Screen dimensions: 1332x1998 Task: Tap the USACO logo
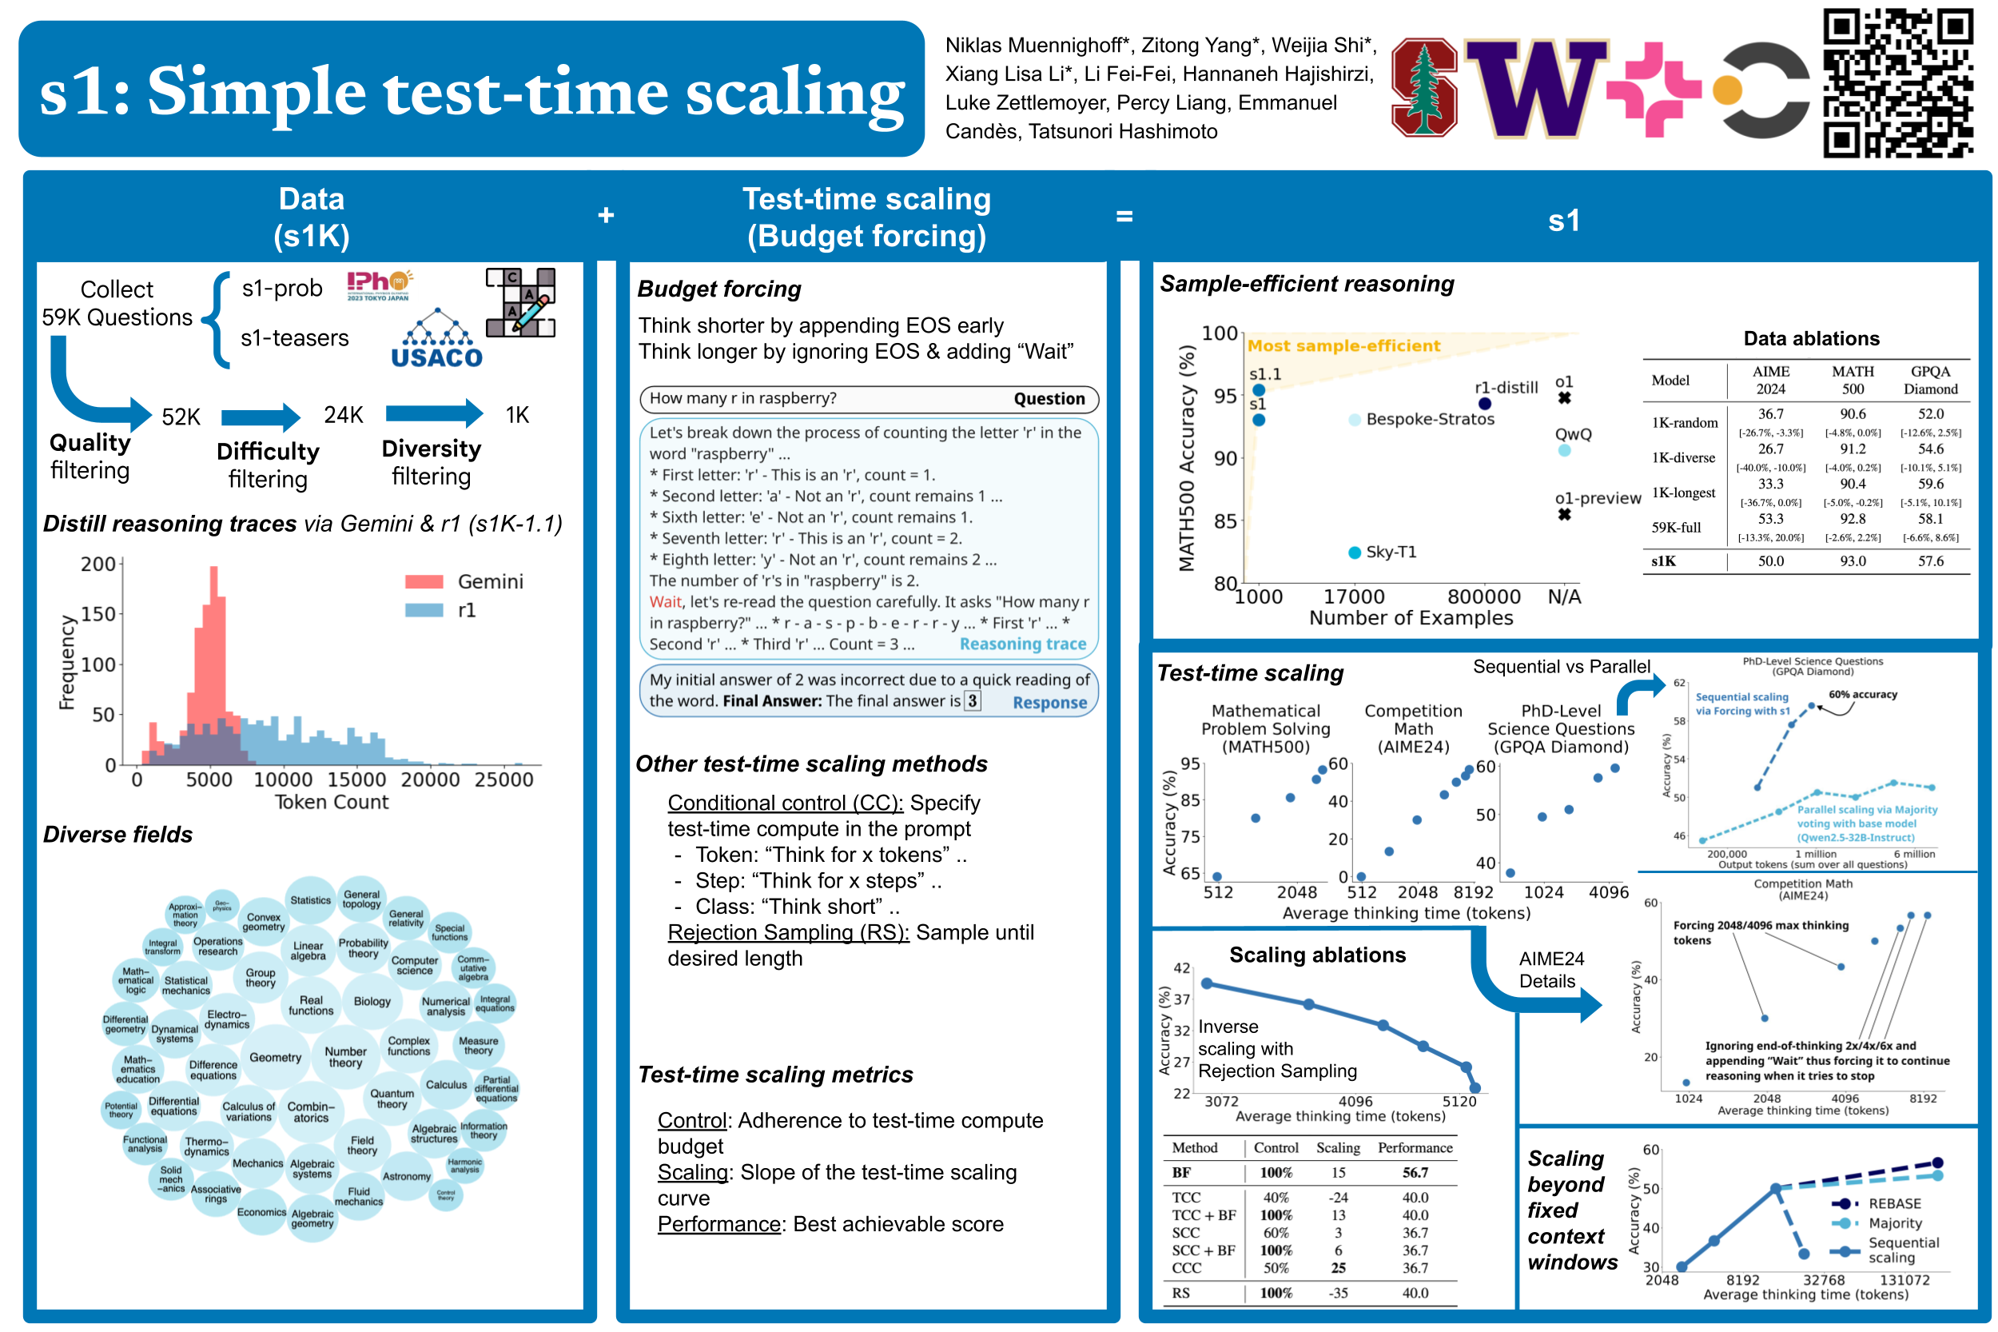point(436,340)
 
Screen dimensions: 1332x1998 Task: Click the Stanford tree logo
point(1424,87)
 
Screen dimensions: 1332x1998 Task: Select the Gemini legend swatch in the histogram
point(424,582)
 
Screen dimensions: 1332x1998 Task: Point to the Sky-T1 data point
point(1355,553)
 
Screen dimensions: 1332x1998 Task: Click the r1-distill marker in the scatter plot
point(1483,404)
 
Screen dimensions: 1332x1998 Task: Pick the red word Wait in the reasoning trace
point(665,602)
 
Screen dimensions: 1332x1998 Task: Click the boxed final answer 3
point(973,701)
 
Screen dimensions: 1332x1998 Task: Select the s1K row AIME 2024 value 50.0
point(1770,561)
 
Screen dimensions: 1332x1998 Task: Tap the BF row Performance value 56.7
point(1415,1173)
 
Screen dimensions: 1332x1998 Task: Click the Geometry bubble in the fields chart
point(275,1058)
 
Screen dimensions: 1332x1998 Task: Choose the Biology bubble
point(372,1002)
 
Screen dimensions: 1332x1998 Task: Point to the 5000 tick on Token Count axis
point(209,780)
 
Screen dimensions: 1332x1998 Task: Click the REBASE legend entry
point(1893,1204)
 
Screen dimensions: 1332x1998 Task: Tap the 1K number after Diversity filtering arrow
point(517,416)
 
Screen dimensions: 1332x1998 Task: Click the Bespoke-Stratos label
point(1430,419)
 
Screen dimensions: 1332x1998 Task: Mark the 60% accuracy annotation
point(1862,695)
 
